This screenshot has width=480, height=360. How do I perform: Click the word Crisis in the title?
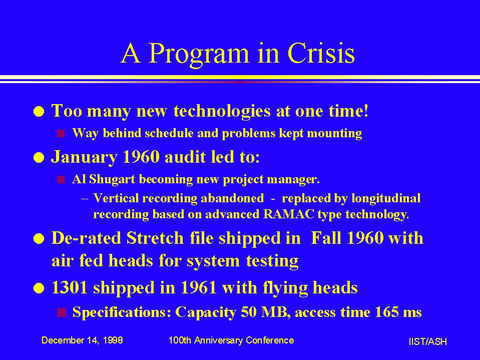(x=321, y=53)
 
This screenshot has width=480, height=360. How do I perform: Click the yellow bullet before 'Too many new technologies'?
(x=39, y=112)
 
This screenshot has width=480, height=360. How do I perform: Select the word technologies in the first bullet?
(x=222, y=112)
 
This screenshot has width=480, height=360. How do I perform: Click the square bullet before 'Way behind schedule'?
(x=61, y=134)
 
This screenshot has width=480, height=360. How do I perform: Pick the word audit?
(x=185, y=157)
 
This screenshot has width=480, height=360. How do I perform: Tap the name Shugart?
(x=112, y=180)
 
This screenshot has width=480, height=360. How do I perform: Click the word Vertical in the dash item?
(x=116, y=198)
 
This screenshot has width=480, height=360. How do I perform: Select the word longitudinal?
(x=386, y=199)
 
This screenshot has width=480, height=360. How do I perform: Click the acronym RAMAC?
(x=288, y=214)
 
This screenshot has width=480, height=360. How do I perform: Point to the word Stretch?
(x=155, y=238)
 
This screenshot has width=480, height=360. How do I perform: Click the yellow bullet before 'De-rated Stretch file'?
(x=39, y=239)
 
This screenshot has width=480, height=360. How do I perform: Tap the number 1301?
(x=70, y=288)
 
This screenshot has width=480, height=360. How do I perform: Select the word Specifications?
(x=122, y=312)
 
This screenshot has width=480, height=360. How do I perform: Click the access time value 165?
(x=386, y=312)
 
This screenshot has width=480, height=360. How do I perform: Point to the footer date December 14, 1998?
(x=82, y=340)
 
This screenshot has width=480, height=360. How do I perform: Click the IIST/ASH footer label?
(x=427, y=341)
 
